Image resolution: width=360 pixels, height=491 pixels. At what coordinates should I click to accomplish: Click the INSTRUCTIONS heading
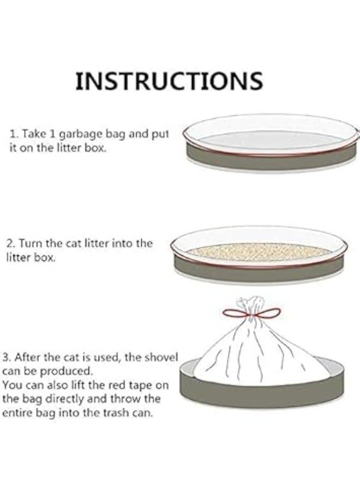pos(169,81)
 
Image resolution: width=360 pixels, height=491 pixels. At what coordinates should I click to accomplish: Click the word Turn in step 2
pos(32,244)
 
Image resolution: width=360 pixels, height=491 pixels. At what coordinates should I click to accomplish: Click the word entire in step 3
pos(17,413)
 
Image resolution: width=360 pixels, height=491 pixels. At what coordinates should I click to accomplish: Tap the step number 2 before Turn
pos(9,244)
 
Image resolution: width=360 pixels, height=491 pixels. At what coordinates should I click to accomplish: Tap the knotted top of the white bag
pos(250,302)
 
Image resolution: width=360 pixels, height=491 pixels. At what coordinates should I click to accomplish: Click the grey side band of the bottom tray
pos(262,393)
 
